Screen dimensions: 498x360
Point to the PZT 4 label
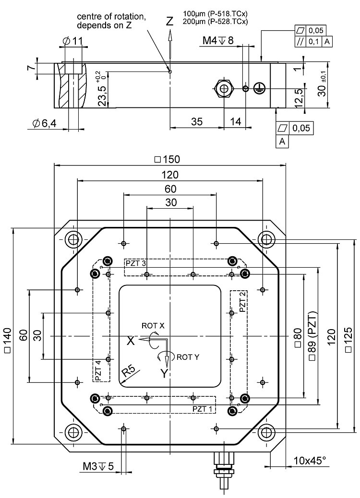click(x=98, y=370)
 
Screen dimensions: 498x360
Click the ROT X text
click(x=153, y=325)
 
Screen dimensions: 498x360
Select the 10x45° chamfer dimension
click(x=310, y=461)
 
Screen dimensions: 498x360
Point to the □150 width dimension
click(x=167, y=159)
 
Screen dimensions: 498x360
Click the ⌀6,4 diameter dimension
click(x=45, y=123)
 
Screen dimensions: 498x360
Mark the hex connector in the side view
click(x=224, y=88)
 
